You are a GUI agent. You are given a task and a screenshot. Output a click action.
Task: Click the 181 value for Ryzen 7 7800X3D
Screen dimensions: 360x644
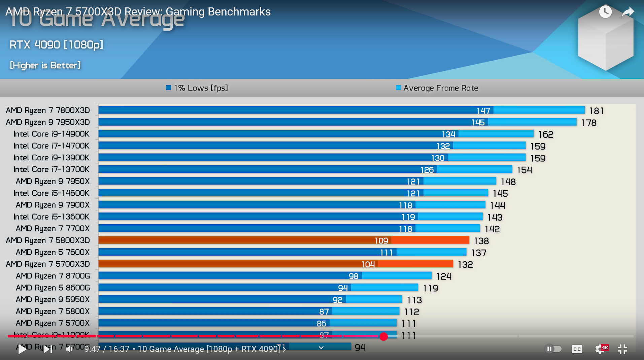[596, 111]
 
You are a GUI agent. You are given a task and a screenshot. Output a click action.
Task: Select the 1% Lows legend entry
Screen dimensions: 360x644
[197, 88]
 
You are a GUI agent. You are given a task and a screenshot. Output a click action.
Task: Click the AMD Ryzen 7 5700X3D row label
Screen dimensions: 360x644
[48, 264]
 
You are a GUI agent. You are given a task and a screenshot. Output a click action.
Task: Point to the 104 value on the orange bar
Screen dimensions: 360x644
[368, 264]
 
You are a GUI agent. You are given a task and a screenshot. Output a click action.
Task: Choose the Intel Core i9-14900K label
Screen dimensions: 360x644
[52, 134]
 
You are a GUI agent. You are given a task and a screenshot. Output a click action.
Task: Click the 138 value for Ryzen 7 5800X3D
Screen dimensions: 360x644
[481, 241]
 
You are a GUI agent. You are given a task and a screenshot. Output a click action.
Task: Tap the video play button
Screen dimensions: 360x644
[22, 349]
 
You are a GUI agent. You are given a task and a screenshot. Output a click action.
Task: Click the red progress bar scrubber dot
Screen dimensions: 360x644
[383, 336]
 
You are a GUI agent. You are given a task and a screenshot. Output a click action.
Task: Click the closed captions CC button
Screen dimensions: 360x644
[577, 349]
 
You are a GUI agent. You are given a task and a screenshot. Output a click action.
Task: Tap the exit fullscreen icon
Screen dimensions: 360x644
[622, 349]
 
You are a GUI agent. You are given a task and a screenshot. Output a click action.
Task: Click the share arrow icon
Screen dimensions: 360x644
[628, 12]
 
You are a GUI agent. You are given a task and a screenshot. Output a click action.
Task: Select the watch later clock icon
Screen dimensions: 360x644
[605, 12]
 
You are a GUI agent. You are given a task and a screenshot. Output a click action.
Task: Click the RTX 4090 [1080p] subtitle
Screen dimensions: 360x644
[56, 44]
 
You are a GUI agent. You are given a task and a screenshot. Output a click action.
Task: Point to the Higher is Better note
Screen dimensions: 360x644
[45, 65]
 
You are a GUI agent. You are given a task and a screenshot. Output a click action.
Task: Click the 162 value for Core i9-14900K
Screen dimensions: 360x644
[546, 134]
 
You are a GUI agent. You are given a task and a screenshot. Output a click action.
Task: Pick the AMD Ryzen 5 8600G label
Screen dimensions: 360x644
[53, 288]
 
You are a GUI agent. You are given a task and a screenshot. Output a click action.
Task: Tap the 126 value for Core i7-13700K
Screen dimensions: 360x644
[427, 170]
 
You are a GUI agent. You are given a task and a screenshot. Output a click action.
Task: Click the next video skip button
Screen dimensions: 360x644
[48, 349]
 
